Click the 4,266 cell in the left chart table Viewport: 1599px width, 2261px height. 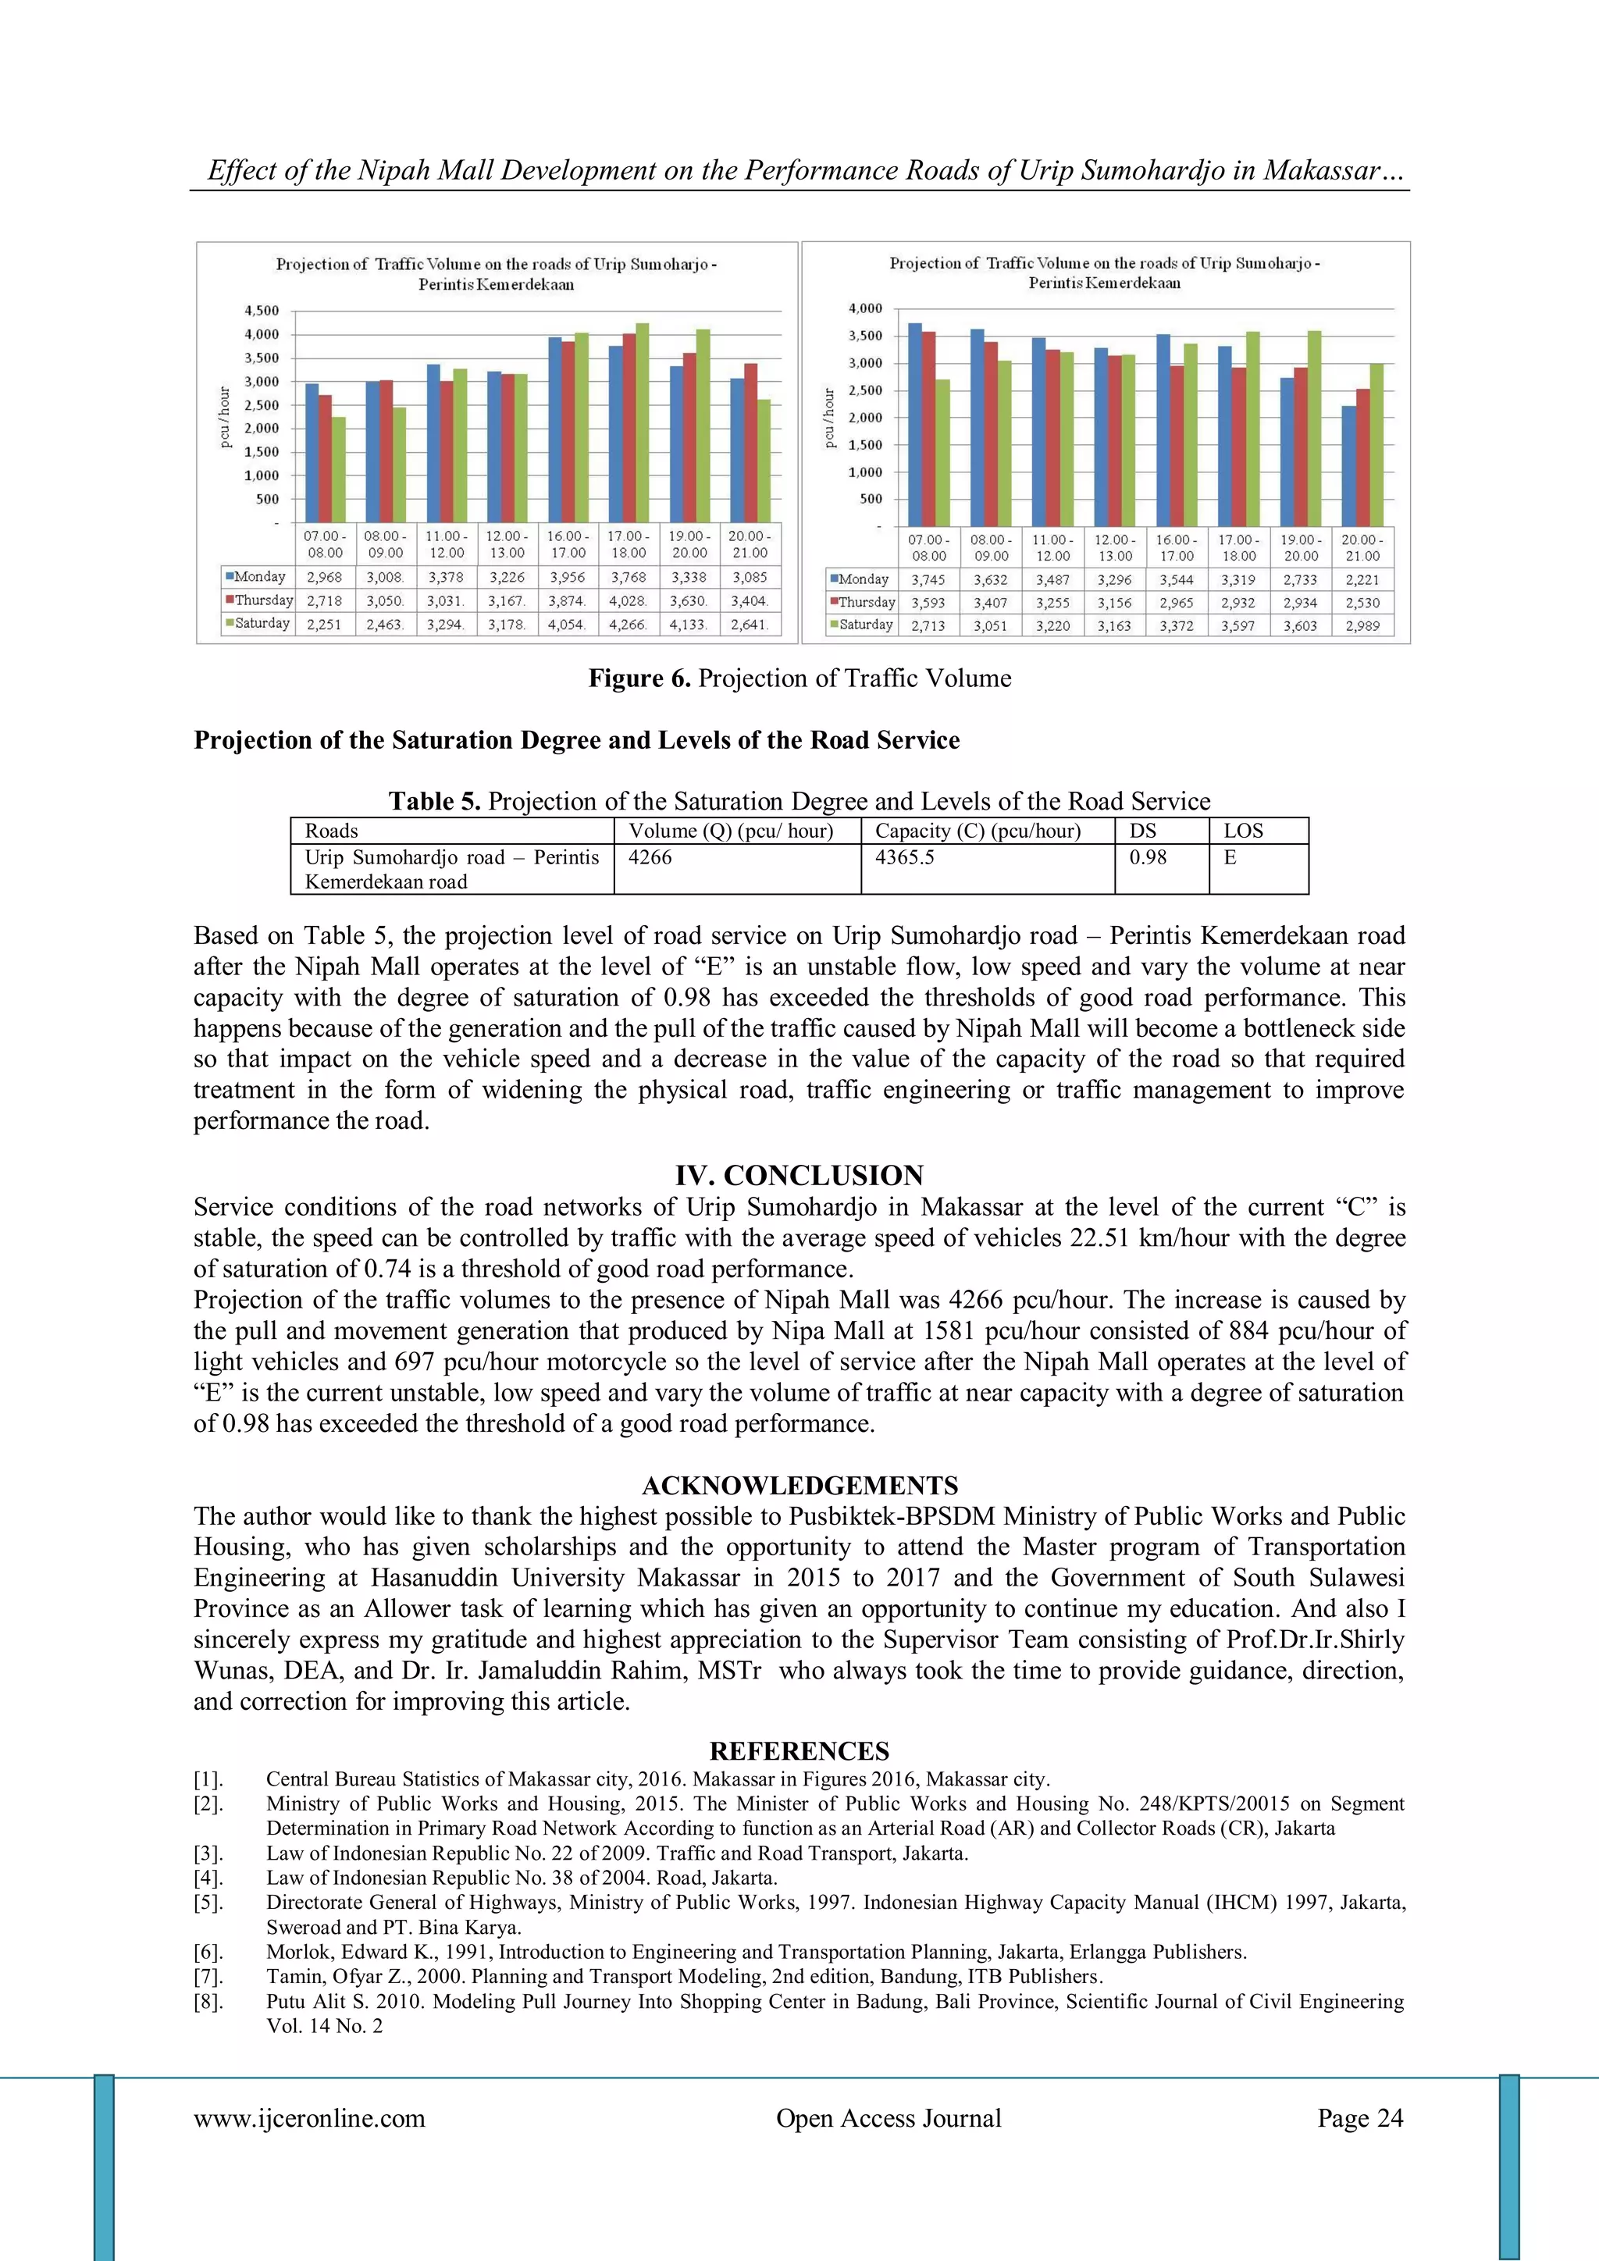(x=629, y=625)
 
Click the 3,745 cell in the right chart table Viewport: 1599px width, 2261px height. (x=928, y=580)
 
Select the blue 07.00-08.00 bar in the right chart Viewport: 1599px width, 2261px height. (x=915, y=425)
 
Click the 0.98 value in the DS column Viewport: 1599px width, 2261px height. (x=1147, y=858)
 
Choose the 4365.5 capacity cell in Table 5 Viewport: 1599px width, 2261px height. (x=904, y=858)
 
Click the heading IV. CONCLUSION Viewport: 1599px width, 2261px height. (x=799, y=1175)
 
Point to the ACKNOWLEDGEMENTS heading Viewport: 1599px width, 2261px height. (x=799, y=1485)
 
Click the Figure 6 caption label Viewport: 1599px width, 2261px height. (x=639, y=678)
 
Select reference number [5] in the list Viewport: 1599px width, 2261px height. (x=208, y=1903)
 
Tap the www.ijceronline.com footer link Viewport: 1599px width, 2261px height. (x=309, y=2118)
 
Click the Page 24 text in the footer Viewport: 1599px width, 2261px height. (x=1360, y=2118)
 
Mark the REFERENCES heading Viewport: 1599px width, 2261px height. (x=799, y=1751)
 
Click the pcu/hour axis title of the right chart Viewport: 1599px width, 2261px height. (x=828, y=418)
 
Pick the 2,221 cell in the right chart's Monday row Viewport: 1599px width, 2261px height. (x=1362, y=580)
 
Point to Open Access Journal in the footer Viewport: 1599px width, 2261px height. (x=888, y=2118)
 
